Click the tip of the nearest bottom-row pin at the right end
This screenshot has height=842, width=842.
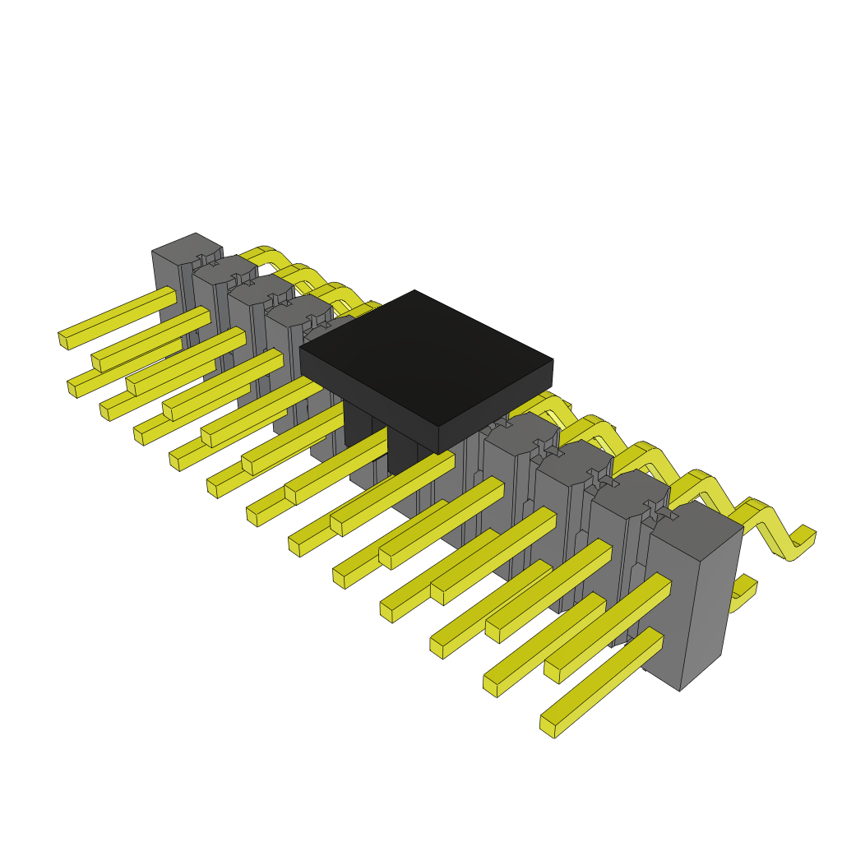tap(547, 726)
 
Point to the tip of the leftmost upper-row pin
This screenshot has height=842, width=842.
tap(63, 339)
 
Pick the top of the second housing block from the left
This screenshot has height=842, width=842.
tap(224, 269)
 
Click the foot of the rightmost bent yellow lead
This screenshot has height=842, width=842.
tap(803, 543)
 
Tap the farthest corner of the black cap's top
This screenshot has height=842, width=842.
tap(414, 291)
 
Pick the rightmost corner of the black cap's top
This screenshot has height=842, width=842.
tap(552, 360)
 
